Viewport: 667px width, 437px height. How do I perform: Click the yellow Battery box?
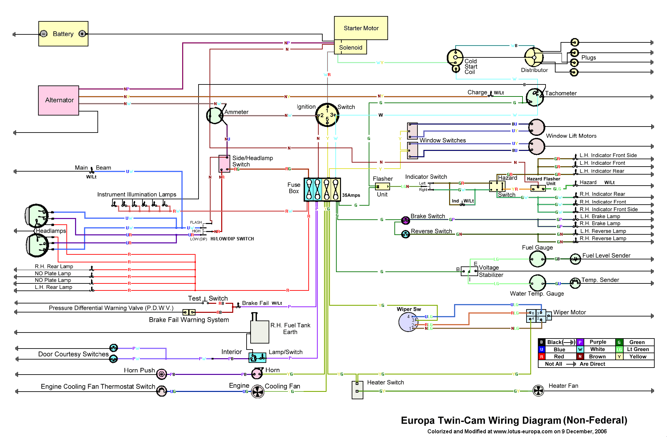coord(63,34)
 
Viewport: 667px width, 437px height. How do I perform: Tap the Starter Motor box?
coord(361,28)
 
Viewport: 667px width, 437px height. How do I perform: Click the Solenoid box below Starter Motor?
coord(350,47)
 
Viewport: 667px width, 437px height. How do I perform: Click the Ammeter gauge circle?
coord(215,116)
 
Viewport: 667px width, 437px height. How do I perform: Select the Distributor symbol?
coord(534,57)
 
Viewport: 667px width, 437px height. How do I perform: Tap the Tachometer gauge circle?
coord(535,97)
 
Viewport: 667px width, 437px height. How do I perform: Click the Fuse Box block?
coord(322,189)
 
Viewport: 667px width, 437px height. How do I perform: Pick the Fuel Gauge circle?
coord(537,259)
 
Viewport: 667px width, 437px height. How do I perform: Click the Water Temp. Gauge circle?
coord(537,283)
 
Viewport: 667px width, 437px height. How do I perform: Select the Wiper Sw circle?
coord(408,322)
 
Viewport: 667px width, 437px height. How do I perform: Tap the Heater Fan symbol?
coord(538,391)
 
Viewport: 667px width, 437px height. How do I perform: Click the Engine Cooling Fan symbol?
coord(258,392)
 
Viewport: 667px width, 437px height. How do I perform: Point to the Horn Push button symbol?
coord(161,374)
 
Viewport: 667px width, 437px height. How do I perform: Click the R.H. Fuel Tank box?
coord(260,332)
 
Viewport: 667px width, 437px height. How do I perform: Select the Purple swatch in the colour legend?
coord(580,342)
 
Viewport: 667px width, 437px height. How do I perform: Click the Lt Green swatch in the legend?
coord(619,350)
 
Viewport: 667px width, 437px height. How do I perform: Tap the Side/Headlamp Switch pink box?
coord(224,164)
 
